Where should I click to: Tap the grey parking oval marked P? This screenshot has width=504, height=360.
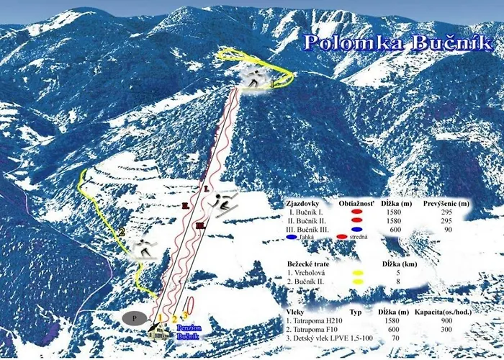(134, 316)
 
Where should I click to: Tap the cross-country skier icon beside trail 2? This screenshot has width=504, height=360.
(144, 248)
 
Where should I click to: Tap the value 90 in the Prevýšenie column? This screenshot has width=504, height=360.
(447, 229)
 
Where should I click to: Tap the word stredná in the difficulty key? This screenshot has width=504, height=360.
(357, 236)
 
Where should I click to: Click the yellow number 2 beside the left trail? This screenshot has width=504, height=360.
(122, 232)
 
